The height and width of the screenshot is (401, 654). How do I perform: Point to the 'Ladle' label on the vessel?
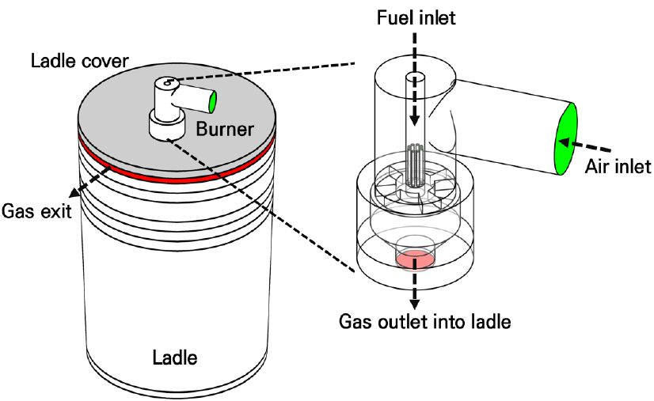(174, 357)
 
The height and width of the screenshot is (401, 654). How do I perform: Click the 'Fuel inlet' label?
(416, 16)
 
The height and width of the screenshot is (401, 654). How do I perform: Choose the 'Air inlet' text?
(617, 166)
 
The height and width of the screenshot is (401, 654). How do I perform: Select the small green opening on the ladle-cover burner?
(214, 102)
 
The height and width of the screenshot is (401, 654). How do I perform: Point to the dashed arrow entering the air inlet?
(585, 147)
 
